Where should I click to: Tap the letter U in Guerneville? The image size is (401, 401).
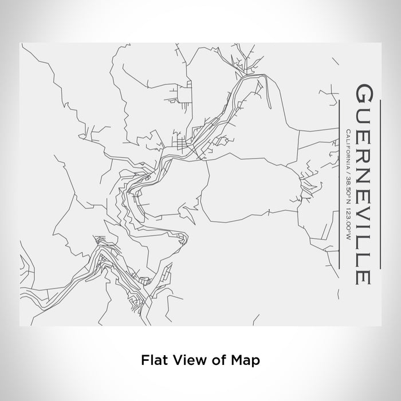[x=363, y=115]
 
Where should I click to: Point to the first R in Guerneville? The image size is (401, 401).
[x=363, y=151]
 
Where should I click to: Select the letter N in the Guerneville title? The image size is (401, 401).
[x=363, y=170]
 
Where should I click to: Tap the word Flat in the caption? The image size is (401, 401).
[x=152, y=361]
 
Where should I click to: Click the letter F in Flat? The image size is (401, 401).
[x=144, y=361]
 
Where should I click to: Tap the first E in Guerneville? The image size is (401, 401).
[x=363, y=133]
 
